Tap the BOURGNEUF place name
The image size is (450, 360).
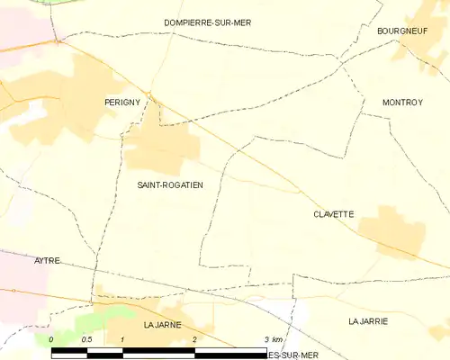400,30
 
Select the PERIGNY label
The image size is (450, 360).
122,103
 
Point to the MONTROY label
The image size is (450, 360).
402,103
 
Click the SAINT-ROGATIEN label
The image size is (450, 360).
170,185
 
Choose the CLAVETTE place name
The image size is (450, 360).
333,214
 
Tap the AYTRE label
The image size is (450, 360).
47,260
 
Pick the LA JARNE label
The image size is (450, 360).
163,323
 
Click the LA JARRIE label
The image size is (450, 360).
369,320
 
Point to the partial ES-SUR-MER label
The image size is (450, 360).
292,355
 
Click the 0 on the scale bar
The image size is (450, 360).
51,339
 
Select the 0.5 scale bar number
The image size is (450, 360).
86,339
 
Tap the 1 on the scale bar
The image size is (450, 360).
121,339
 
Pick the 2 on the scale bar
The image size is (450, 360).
194,339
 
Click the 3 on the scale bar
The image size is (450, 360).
266,339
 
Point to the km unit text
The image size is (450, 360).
278,339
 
